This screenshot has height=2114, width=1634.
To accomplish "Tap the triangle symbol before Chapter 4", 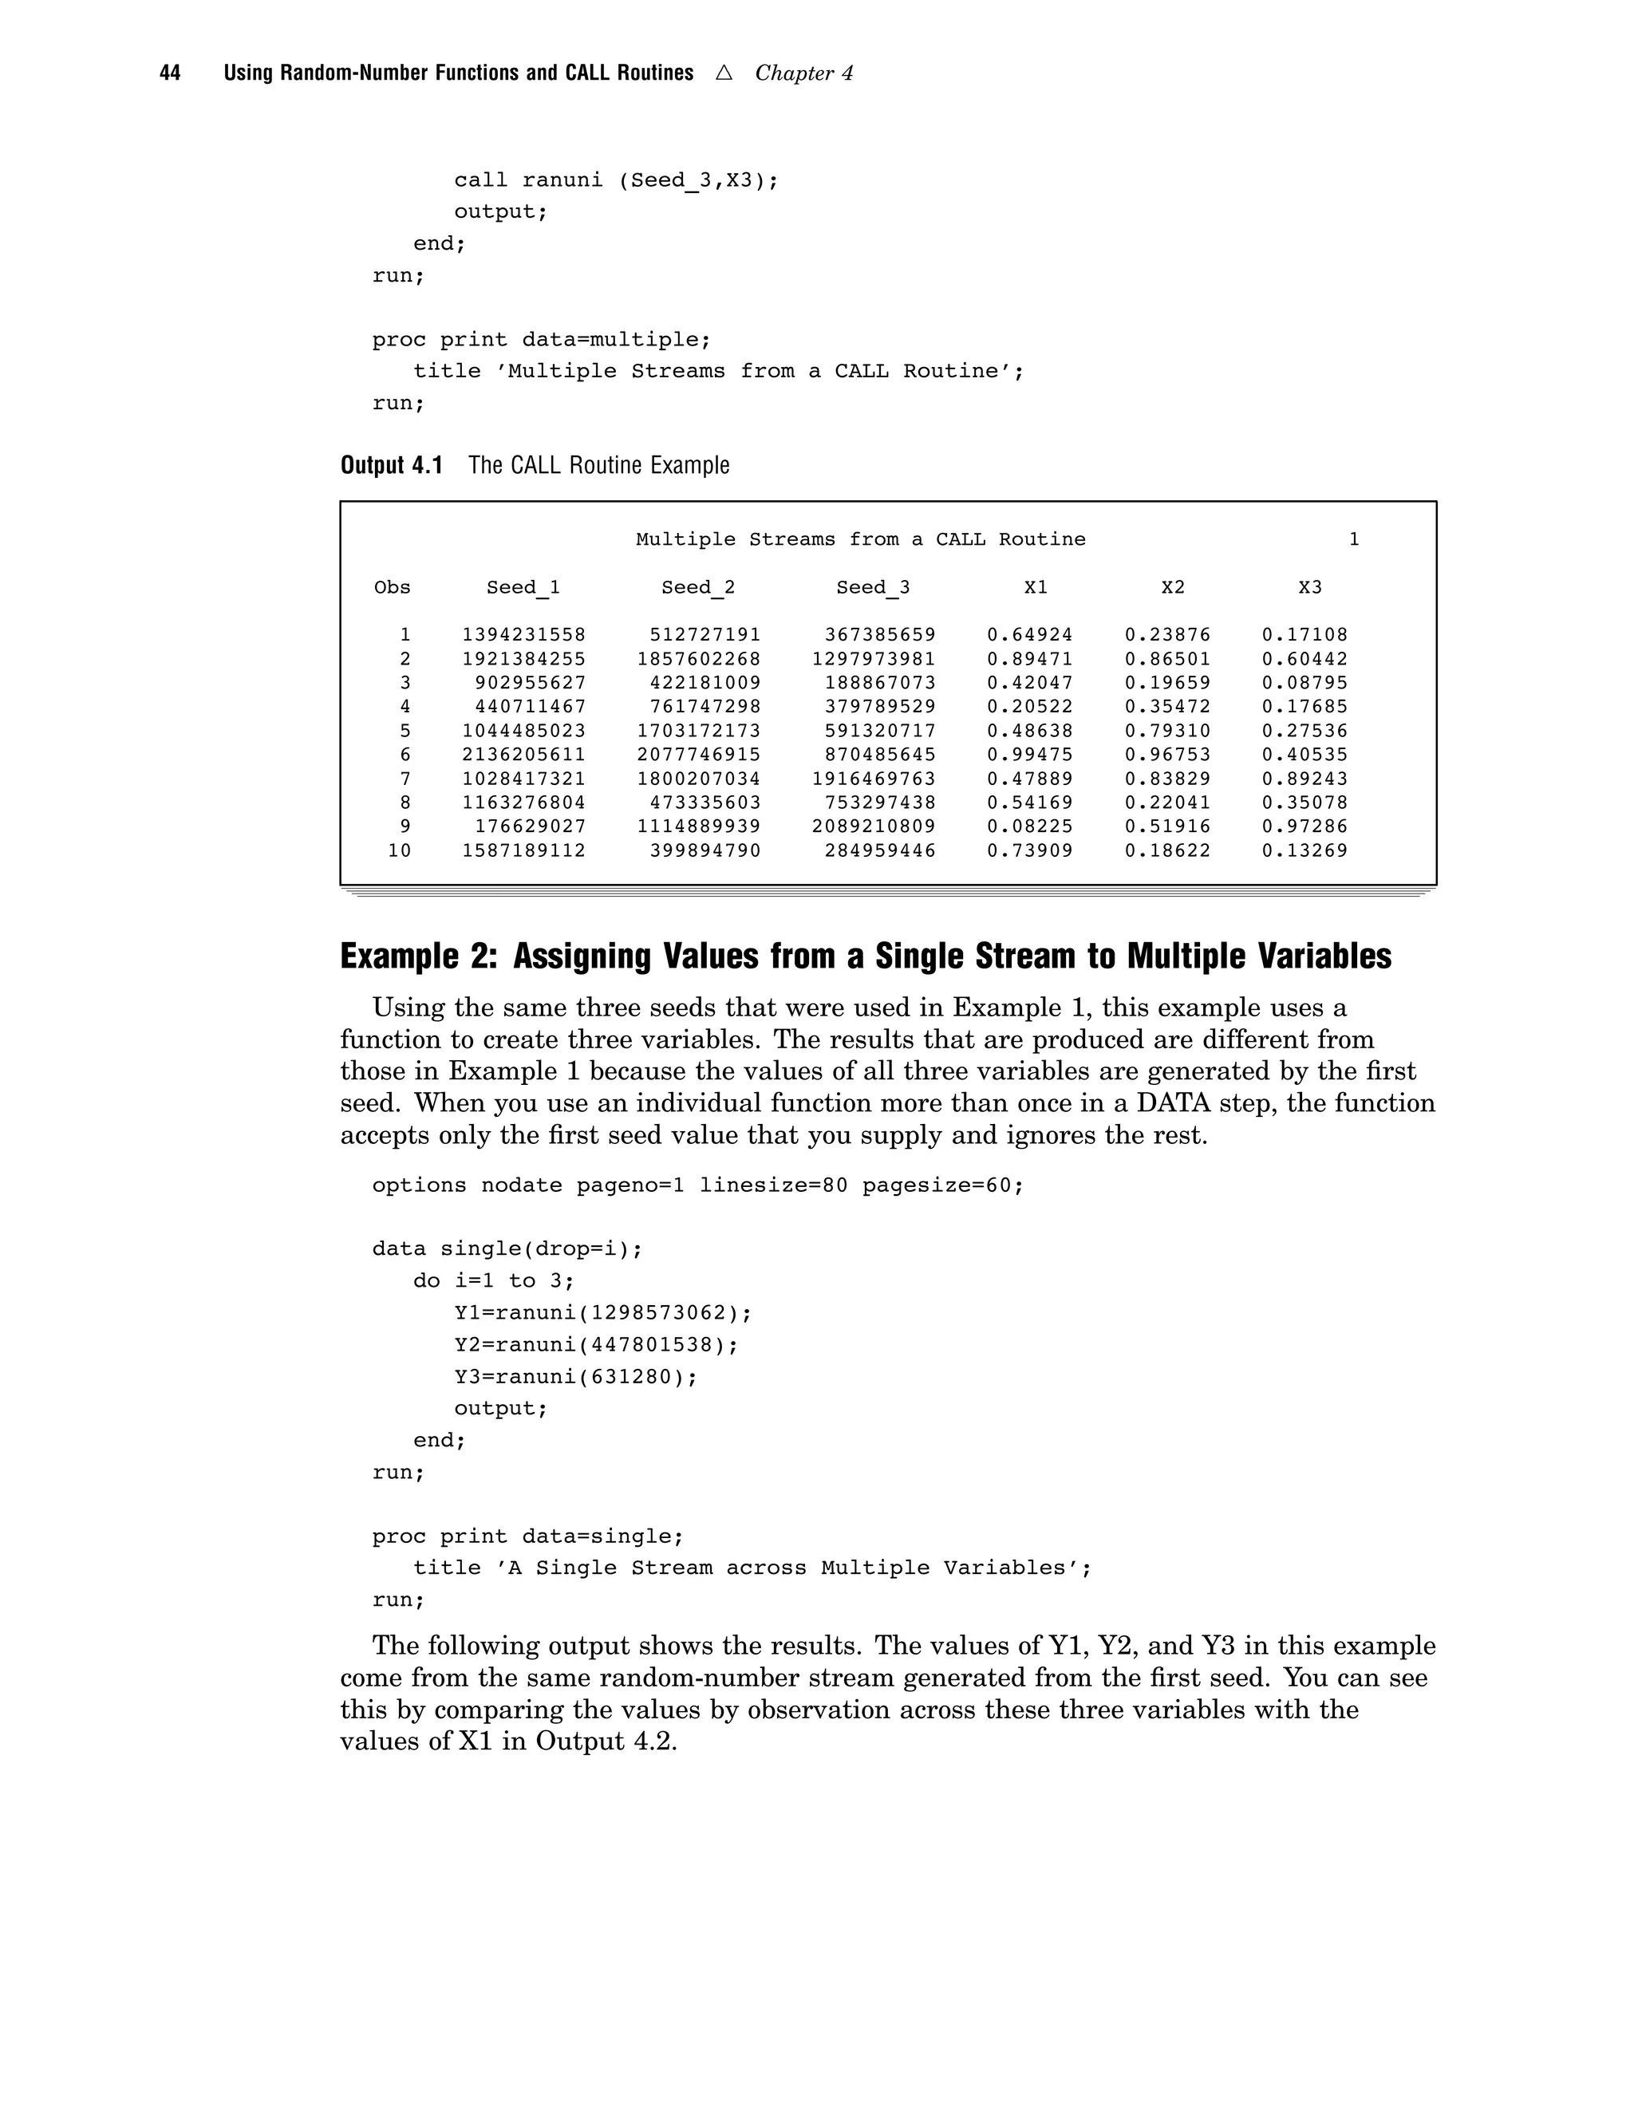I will [723, 73].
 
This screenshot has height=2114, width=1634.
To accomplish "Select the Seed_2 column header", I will [698, 588].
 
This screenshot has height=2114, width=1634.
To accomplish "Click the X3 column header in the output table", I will [1310, 588].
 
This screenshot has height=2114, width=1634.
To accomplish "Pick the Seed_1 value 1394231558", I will [523, 635].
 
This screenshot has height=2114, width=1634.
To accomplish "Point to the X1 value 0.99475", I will [1030, 755].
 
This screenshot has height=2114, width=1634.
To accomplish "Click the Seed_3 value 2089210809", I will [874, 826].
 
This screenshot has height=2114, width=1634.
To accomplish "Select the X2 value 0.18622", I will [1167, 851].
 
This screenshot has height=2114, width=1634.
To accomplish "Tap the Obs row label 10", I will [399, 851].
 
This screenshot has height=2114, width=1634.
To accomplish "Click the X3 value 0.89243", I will [1304, 779].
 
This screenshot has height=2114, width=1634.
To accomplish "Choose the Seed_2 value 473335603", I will [705, 803].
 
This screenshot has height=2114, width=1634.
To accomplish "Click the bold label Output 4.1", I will [391, 466].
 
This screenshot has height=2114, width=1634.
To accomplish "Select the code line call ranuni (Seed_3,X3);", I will [616, 181].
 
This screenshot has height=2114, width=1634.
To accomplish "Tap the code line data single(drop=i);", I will [507, 1249].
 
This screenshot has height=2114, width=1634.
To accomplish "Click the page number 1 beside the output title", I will [1354, 540].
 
